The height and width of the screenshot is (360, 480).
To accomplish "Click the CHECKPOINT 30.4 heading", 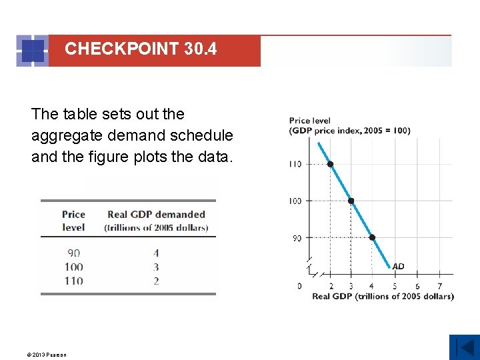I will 141,49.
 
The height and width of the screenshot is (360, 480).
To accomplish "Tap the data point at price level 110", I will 330,164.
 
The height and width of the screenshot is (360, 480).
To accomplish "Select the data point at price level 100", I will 351,201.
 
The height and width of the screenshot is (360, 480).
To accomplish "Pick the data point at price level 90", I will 372,237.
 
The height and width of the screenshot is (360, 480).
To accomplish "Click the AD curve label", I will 398,267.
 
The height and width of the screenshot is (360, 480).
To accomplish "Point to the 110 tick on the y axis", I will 295,164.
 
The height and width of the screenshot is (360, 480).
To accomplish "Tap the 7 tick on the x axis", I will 439,285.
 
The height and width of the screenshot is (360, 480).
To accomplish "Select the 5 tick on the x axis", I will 395,285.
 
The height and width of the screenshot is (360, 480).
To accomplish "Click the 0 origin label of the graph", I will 299,285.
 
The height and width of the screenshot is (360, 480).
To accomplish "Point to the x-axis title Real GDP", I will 383,297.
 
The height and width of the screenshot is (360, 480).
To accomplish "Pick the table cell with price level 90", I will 74,253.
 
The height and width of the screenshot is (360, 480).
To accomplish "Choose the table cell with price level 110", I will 74,281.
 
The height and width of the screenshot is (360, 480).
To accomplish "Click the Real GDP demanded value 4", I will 156,253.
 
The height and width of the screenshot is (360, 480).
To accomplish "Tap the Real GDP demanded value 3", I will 156,267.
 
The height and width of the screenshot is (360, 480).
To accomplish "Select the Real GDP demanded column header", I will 156,221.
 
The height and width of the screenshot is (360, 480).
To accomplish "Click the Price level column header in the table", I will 73,221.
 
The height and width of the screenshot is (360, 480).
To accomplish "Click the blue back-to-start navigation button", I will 464,347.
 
